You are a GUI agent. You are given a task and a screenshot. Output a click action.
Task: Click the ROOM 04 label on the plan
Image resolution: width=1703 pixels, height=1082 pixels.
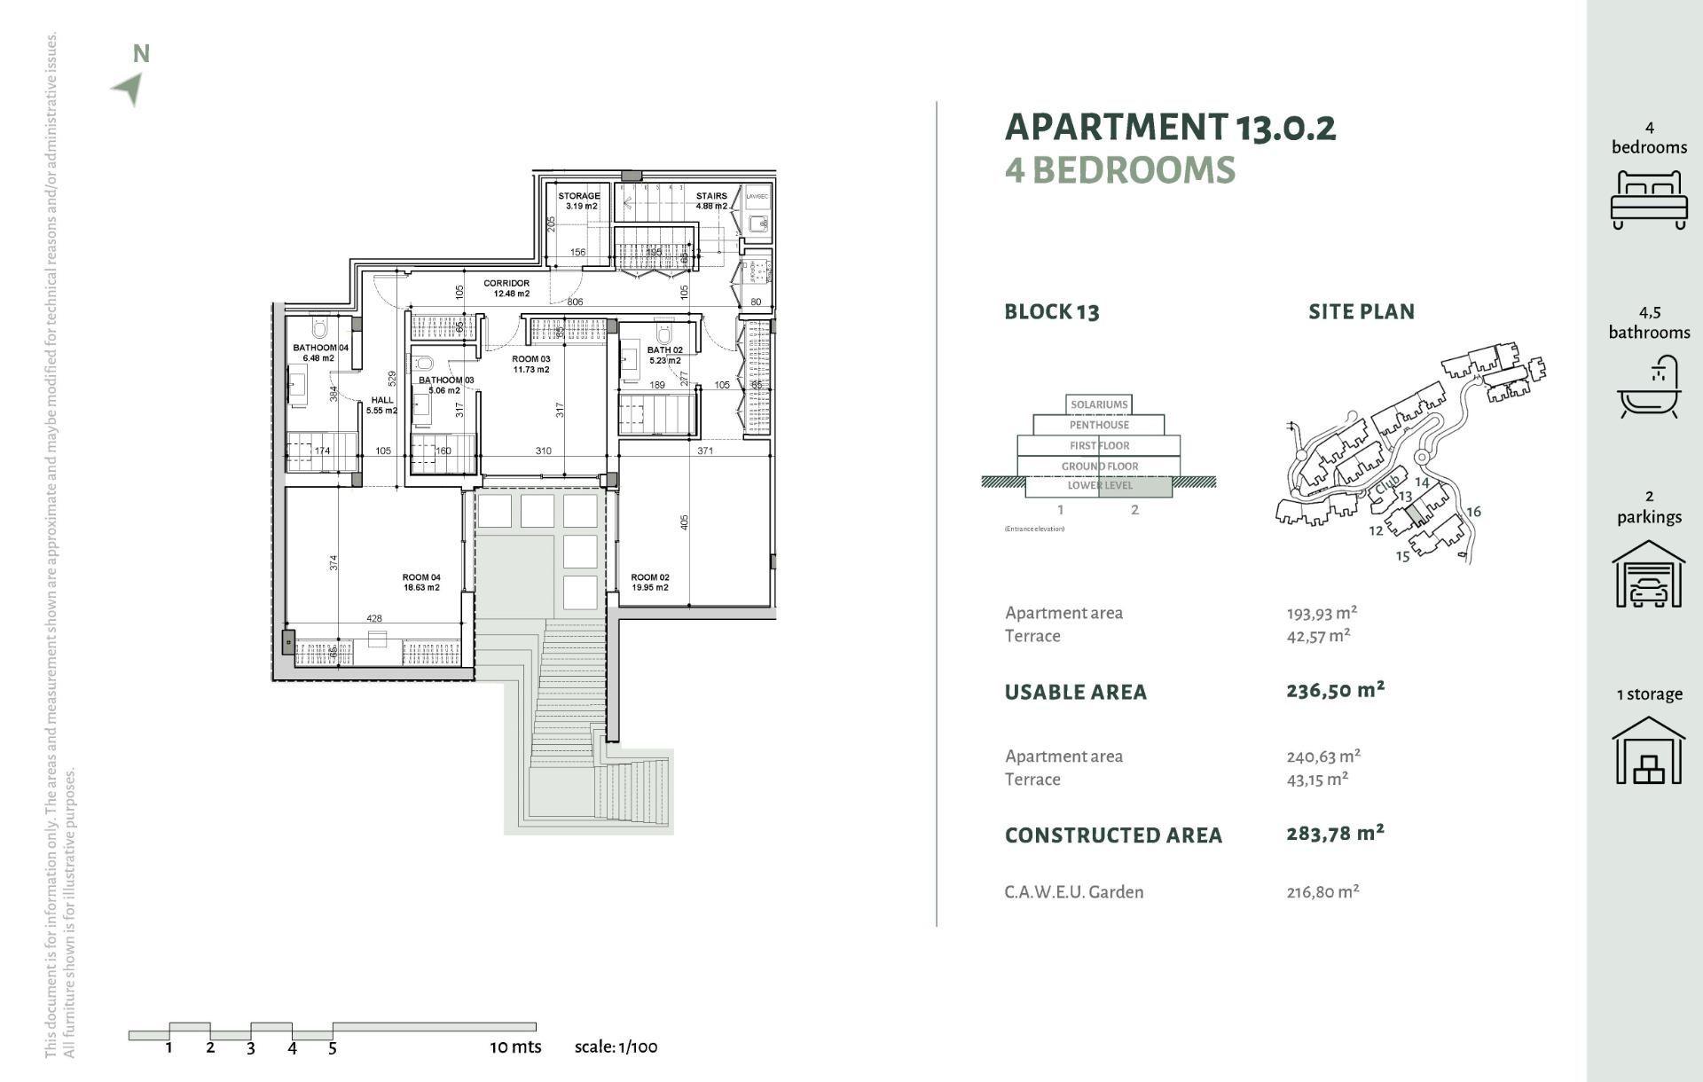click(x=421, y=582)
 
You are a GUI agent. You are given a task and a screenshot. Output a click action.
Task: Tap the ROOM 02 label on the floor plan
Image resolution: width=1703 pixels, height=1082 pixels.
click(x=650, y=582)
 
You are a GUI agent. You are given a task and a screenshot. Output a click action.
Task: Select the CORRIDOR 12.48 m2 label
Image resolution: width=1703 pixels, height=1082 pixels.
click(x=507, y=288)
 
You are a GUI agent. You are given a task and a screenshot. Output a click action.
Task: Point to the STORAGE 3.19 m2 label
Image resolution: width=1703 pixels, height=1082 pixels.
click(x=579, y=200)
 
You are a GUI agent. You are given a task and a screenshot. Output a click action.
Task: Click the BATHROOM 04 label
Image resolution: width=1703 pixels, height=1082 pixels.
click(x=320, y=353)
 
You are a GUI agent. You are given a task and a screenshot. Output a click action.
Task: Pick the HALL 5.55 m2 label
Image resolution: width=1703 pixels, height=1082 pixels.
click(x=382, y=405)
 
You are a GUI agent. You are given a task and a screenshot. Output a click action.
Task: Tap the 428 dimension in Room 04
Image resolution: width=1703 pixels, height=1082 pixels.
click(x=374, y=619)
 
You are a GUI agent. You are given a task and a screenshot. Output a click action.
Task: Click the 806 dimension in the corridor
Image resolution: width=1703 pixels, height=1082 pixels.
click(x=575, y=302)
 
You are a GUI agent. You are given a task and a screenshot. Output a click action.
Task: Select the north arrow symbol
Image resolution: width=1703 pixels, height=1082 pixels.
click(x=129, y=87)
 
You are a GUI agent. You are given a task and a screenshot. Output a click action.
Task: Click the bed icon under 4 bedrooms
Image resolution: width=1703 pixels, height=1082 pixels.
click(x=1648, y=200)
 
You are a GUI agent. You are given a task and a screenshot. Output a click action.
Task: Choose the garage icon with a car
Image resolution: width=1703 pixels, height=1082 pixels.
click(x=1648, y=575)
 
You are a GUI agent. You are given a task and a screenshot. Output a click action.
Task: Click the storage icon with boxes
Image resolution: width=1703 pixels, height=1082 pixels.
click(x=1648, y=751)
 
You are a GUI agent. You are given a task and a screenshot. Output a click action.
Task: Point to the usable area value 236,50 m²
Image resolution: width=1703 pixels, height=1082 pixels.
click(x=1335, y=690)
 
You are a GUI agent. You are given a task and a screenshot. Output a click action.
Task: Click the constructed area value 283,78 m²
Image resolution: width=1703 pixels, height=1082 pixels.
click(x=1335, y=834)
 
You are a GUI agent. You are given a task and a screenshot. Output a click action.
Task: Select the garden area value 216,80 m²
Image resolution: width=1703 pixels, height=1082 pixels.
click(x=1322, y=892)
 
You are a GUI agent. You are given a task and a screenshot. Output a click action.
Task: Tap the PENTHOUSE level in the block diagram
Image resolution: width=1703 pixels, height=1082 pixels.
click(x=1099, y=425)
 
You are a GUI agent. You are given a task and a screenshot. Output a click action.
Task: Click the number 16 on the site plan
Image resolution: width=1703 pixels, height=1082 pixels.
click(x=1473, y=512)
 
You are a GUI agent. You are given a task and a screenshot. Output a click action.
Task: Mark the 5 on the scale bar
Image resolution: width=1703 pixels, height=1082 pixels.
click(x=333, y=1048)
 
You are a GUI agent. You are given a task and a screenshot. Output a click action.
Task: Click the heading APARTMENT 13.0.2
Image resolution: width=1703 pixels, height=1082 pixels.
click(x=1170, y=128)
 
